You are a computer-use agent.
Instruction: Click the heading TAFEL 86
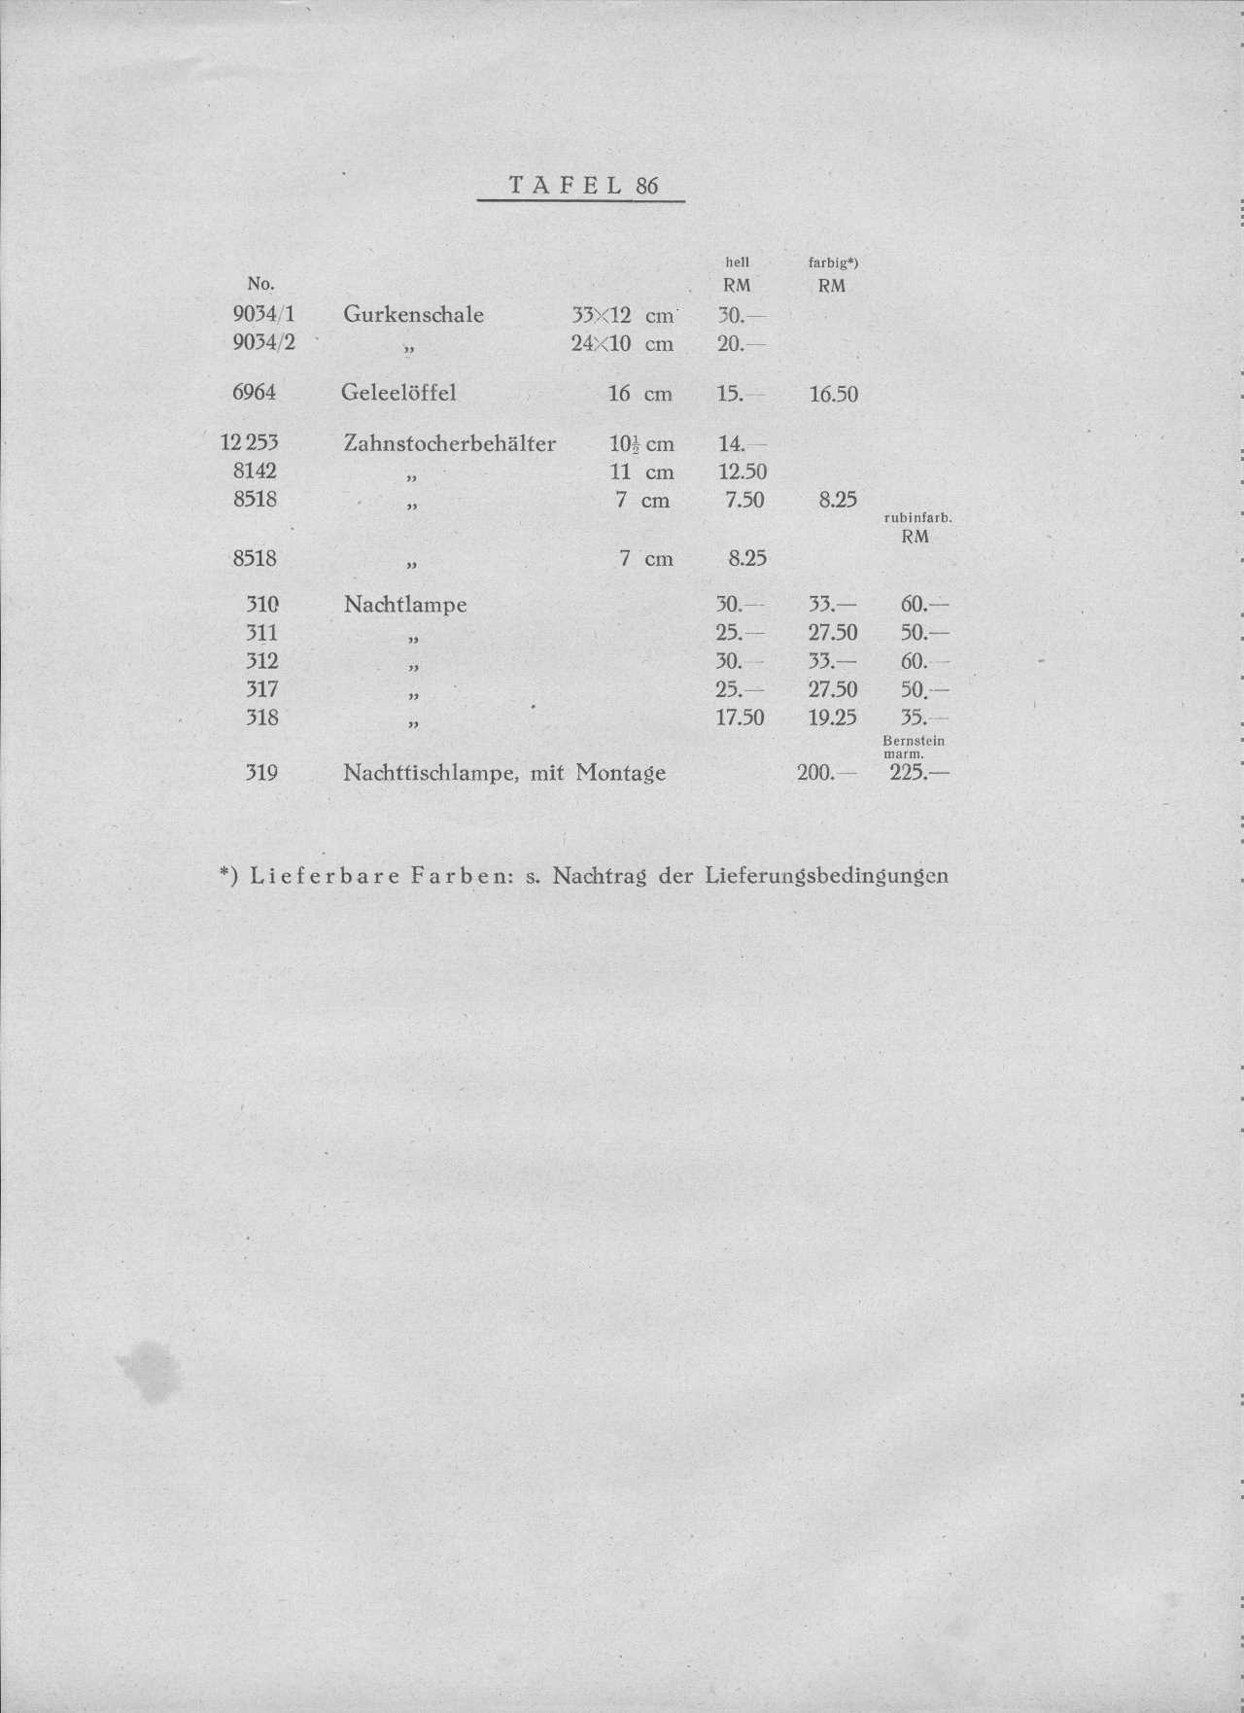582,185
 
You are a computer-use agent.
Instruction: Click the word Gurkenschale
413,315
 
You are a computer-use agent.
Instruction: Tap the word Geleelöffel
398,393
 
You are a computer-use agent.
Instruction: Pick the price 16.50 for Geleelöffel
833,395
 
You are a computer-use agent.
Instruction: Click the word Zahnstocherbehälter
449,444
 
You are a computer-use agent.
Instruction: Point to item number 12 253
250,442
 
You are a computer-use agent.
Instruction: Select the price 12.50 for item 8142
742,472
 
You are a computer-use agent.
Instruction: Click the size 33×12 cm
622,316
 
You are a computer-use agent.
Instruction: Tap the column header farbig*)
833,262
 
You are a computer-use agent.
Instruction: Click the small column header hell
738,262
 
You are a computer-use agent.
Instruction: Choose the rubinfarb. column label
916,518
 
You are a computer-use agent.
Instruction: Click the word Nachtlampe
405,605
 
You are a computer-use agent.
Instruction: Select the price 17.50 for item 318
740,718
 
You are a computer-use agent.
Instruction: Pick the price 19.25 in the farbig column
832,718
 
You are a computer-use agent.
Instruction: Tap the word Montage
620,774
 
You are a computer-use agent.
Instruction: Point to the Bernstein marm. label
913,747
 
